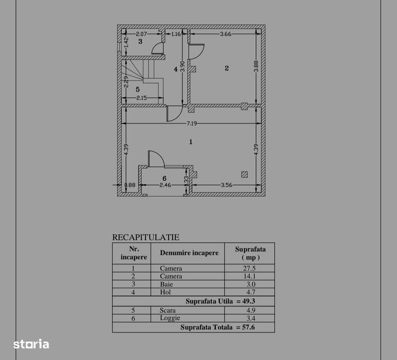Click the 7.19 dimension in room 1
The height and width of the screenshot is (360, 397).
[x=192, y=123]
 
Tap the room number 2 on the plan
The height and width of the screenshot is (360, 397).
[x=227, y=68]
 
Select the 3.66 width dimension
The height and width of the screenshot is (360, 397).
[x=226, y=34]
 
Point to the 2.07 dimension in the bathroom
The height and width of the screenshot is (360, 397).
[x=141, y=34]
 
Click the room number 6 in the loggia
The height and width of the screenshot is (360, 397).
[x=164, y=178]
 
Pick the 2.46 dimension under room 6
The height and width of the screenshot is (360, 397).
[x=165, y=185]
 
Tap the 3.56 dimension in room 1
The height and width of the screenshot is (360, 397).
[x=227, y=185]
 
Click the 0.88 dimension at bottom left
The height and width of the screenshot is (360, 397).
[x=130, y=185]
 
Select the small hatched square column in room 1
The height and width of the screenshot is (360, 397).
[x=244, y=174]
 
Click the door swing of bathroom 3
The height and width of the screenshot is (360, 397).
[x=158, y=48]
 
